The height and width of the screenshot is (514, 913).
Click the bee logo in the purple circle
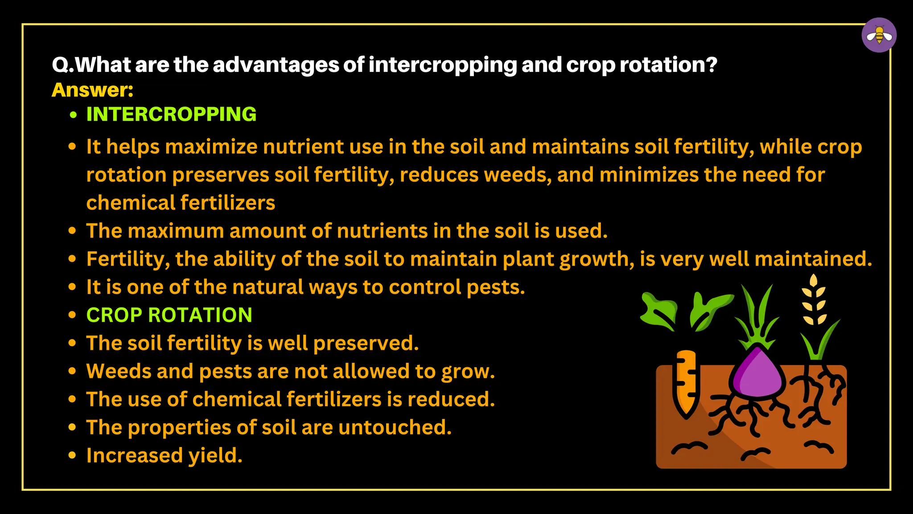click(879, 35)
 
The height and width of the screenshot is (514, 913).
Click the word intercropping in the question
click(442, 65)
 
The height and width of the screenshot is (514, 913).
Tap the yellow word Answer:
click(92, 90)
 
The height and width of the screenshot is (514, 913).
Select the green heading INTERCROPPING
click(171, 114)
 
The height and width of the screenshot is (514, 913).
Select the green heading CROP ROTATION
click(169, 315)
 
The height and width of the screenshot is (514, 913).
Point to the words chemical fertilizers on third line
click(181, 203)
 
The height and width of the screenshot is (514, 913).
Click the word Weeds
click(118, 371)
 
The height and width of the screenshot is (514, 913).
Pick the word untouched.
click(395, 427)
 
